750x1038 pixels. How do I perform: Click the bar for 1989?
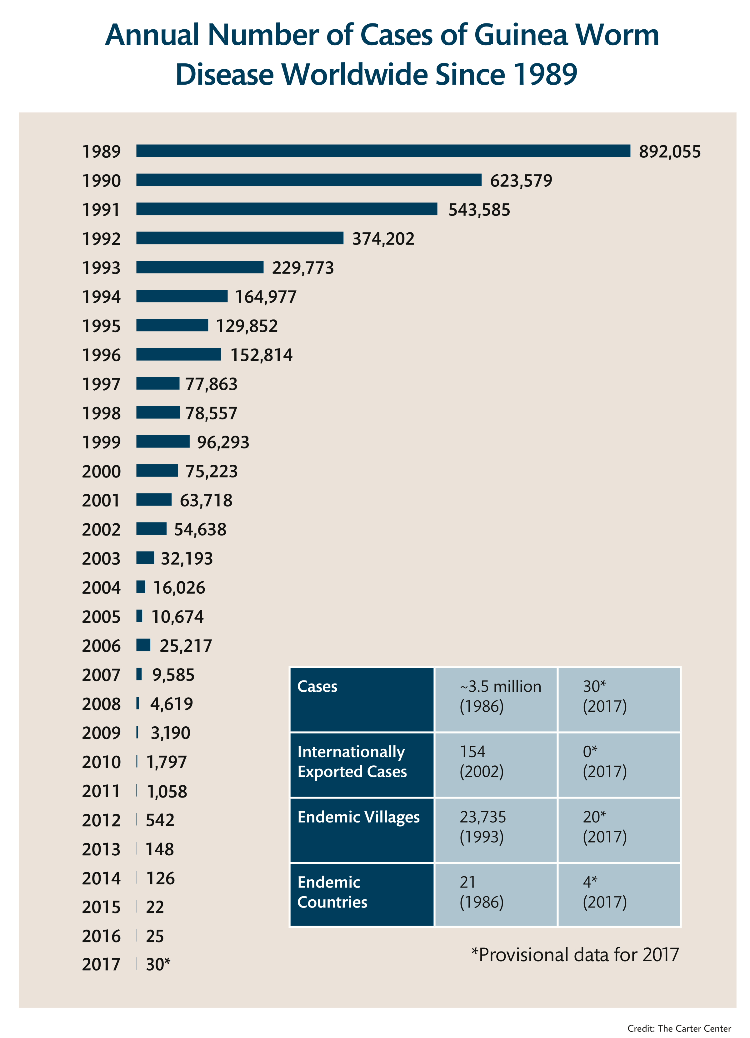point(383,151)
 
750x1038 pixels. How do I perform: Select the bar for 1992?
point(239,238)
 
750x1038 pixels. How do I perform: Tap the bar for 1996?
point(178,354)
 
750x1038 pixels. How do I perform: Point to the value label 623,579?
point(521,181)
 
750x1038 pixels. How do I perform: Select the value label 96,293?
point(223,442)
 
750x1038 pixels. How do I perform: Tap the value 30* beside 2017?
point(158,964)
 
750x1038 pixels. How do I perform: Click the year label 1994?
point(101,297)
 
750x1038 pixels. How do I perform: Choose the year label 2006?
point(101,646)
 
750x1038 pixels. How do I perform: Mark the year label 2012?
point(101,820)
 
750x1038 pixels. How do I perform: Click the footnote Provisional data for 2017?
point(575,955)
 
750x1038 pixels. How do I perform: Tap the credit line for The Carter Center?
point(679,1028)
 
